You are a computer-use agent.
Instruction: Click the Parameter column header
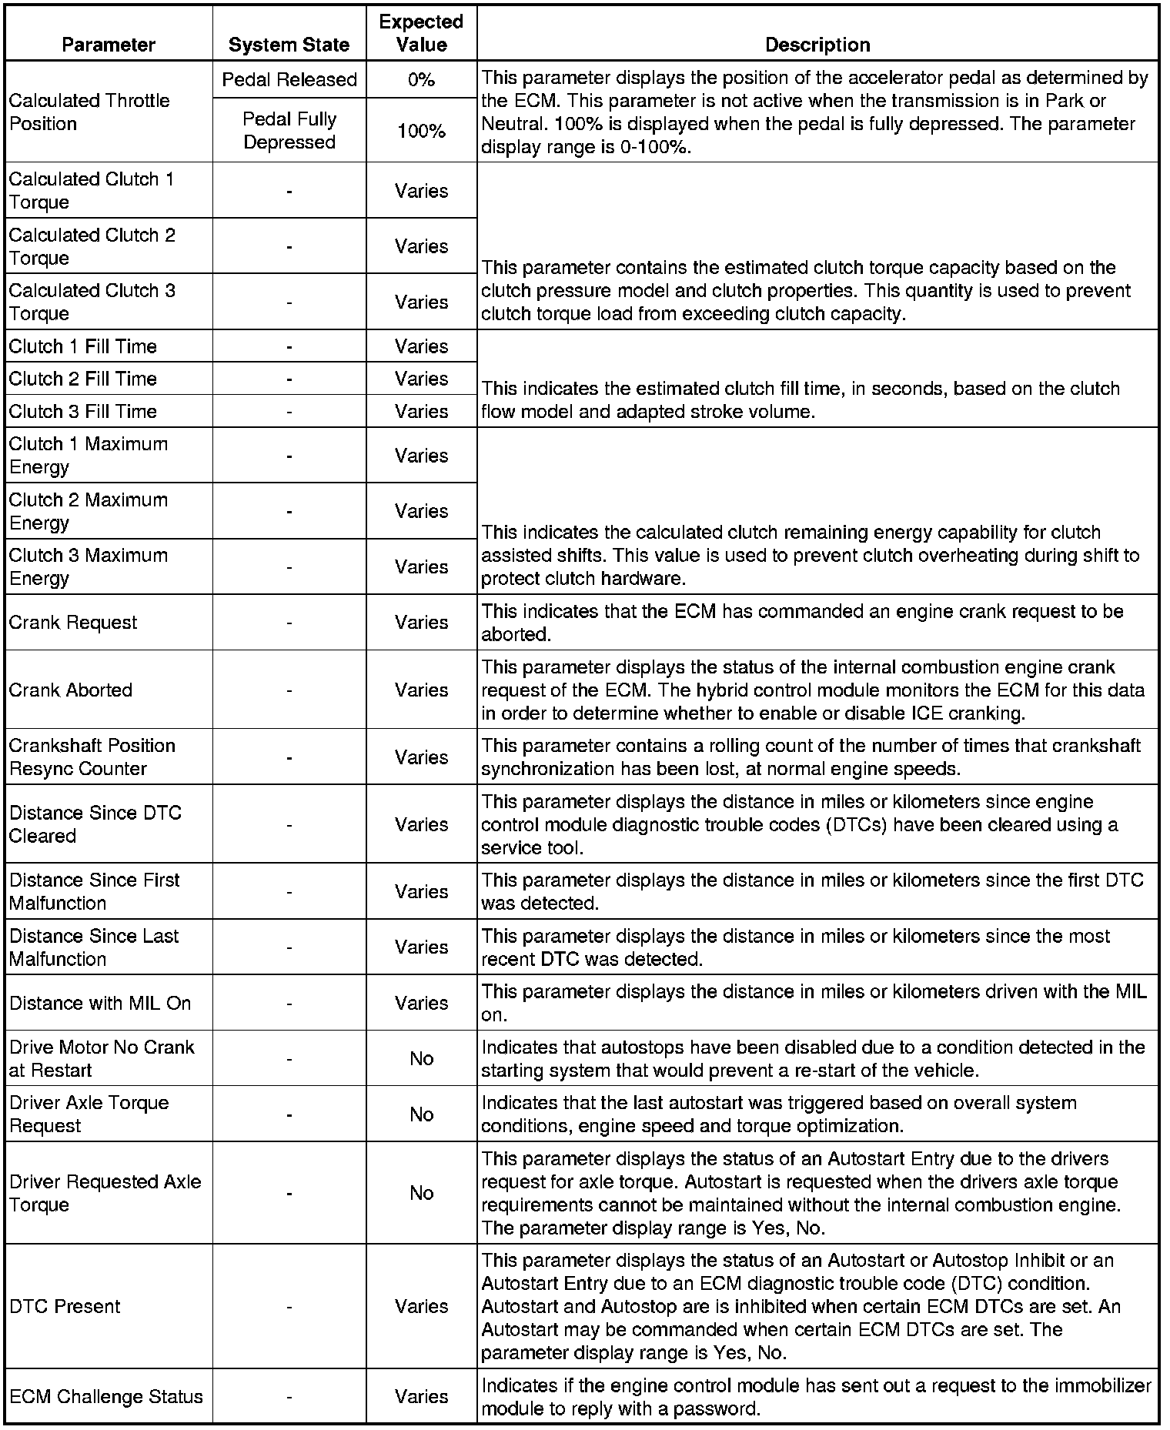click(x=109, y=45)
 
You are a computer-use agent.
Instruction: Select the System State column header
click(x=289, y=45)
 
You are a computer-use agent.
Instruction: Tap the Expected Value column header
click(x=421, y=33)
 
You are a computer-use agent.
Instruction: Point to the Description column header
click(x=817, y=45)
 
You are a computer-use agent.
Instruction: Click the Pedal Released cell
click(x=289, y=79)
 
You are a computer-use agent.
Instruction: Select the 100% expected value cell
click(x=421, y=131)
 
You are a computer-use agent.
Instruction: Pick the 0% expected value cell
click(x=421, y=79)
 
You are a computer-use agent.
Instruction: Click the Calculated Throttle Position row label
click(x=89, y=112)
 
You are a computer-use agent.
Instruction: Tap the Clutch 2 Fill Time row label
click(x=83, y=379)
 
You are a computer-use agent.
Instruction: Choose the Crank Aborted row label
click(x=71, y=690)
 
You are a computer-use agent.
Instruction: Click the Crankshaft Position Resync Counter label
click(x=92, y=757)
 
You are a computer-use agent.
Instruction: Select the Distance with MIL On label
click(x=100, y=1003)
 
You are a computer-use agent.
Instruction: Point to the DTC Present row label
click(x=65, y=1306)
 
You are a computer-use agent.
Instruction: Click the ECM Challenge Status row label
click(x=106, y=1396)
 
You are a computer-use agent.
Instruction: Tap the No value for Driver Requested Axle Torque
click(x=421, y=1193)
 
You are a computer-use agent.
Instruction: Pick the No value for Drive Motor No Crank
click(x=421, y=1058)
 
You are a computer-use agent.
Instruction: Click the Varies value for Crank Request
click(x=421, y=622)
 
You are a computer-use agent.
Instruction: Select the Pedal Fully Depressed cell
click(x=289, y=130)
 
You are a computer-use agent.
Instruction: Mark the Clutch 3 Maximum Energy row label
click(x=89, y=566)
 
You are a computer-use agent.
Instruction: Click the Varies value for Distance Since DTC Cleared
click(x=421, y=824)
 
